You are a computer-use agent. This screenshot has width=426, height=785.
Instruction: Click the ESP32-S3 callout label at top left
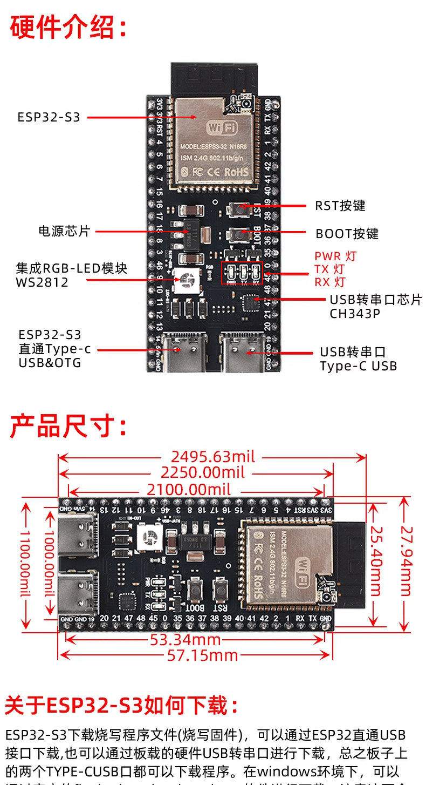(x=49, y=117)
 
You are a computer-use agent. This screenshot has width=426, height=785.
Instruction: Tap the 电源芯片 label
(x=64, y=232)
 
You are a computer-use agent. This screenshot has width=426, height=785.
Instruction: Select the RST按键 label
(x=340, y=206)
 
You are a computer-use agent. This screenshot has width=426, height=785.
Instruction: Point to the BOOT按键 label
(x=347, y=234)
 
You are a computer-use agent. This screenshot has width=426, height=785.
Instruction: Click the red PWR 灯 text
(x=335, y=256)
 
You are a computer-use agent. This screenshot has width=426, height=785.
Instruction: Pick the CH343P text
(x=355, y=314)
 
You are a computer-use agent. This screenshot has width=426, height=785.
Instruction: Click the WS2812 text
(x=42, y=282)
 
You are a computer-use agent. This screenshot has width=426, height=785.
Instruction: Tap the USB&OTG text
(x=50, y=363)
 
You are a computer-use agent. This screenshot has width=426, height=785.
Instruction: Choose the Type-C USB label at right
(x=358, y=366)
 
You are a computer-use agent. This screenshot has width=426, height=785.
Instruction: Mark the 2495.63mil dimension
(x=213, y=457)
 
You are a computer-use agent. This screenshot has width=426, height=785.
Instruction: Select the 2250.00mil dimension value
(x=203, y=473)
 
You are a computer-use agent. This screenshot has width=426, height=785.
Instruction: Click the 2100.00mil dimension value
(x=189, y=490)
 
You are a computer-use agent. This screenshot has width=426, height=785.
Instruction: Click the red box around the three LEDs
(x=242, y=273)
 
